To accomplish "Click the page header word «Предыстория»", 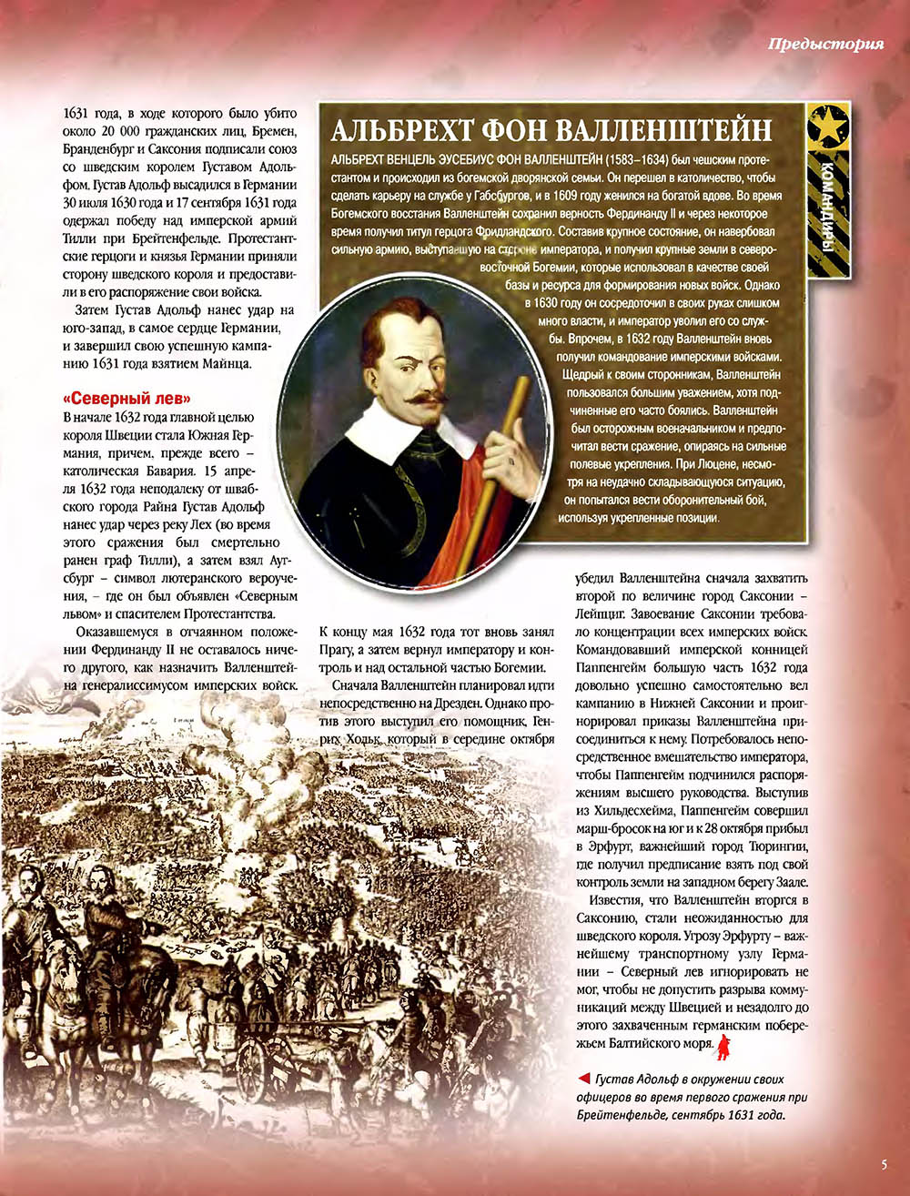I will [824, 44].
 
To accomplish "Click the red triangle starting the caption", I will [582, 1080].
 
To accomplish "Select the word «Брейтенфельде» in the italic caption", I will [621, 1115].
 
